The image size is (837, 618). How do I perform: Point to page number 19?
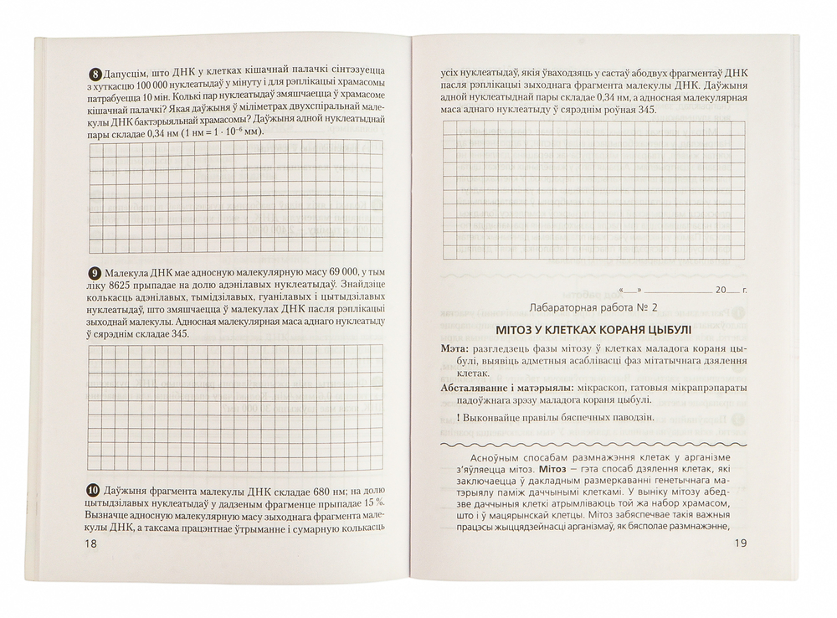738,543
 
